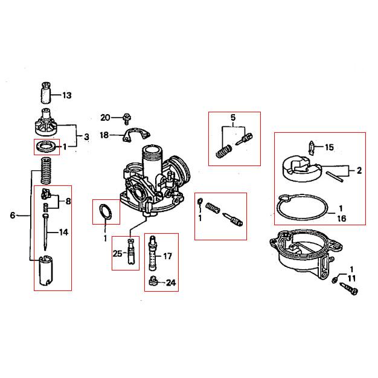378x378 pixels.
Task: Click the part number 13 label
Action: (67, 95)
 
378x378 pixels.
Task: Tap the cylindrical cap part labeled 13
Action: (46, 93)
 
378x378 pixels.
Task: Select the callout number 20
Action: (105, 118)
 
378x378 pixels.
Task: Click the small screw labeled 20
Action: (127, 118)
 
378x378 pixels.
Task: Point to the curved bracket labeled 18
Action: (136, 135)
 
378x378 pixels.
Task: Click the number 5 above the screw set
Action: (233, 118)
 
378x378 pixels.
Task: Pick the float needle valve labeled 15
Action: (312, 148)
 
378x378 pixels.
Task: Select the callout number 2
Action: (359, 170)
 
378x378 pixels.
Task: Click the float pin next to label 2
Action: (335, 176)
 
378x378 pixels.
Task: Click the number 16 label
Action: (342, 219)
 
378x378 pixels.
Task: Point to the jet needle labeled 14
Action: (45, 232)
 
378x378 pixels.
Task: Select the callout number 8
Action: (68, 201)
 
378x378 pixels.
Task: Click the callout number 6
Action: (13, 215)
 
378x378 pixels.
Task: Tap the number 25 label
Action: (117, 254)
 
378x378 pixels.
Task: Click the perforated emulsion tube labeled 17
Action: (153, 253)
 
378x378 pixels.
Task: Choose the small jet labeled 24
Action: (153, 281)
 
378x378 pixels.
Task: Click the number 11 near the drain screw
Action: (351, 279)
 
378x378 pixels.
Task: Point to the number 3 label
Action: (86, 137)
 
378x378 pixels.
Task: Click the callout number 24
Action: (171, 283)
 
